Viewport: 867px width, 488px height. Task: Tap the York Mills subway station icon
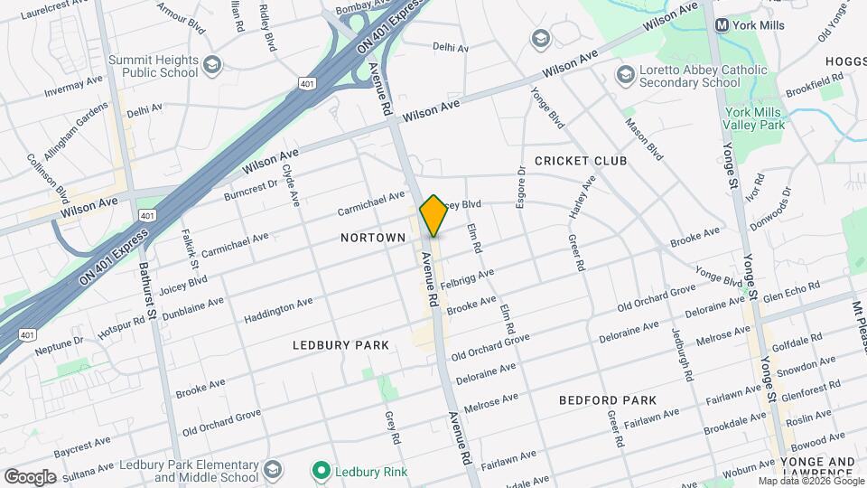pyautogui.click(x=722, y=25)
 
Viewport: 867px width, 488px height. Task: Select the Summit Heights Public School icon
pyautogui.click(x=211, y=66)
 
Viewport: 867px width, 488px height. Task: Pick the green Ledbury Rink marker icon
pyautogui.click(x=320, y=471)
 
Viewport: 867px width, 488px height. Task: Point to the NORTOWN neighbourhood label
pyautogui.click(x=373, y=237)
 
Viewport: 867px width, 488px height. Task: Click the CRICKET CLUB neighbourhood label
pyautogui.click(x=581, y=161)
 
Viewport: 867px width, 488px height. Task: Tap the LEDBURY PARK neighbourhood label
pyautogui.click(x=341, y=345)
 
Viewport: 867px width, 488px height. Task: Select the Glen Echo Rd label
pyautogui.click(x=791, y=292)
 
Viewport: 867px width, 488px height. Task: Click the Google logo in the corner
pyautogui.click(x=30, y=476)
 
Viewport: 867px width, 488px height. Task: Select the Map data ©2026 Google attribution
pyautogui.click(x=810, y=481)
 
